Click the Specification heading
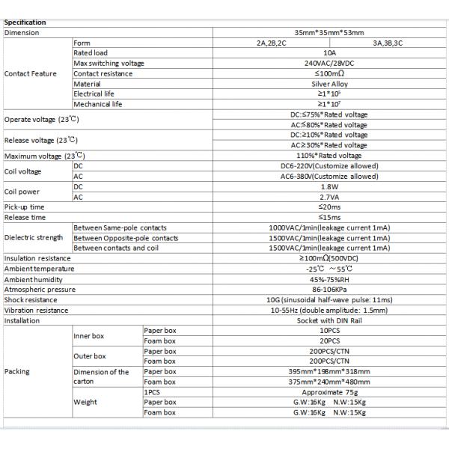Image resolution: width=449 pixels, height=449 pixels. tap(25, 22)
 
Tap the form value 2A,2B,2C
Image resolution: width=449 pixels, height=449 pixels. tap(271, 43)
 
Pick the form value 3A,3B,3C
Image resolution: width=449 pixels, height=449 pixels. tap(388, 43)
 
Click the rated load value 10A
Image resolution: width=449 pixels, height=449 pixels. tap(329, 54)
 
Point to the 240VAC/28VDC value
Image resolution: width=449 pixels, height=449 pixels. tap(329, 64)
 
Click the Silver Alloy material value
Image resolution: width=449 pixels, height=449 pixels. tap(329, 85)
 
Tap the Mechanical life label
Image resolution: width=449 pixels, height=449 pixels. tap(98, 105)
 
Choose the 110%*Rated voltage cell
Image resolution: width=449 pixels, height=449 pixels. tap(329, 156)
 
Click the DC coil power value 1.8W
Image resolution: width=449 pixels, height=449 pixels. tap(329, 186)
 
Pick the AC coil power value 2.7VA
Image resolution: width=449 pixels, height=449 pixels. tap(329, 197)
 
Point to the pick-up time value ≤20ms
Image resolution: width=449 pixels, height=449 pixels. tap(329, 207)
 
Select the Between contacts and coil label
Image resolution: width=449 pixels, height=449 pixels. tap(116, 248)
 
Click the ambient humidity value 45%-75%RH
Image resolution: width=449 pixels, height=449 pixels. tap(329, 278)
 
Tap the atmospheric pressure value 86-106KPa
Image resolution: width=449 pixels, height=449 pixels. tap(329, 289)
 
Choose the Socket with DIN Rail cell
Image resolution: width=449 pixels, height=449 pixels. tap(329, 320)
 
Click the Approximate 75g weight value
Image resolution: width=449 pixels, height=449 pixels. tap(329, 391)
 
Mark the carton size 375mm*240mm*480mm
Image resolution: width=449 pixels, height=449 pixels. tap(329, 381)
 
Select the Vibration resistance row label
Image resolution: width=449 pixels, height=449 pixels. tap(36, 309)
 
